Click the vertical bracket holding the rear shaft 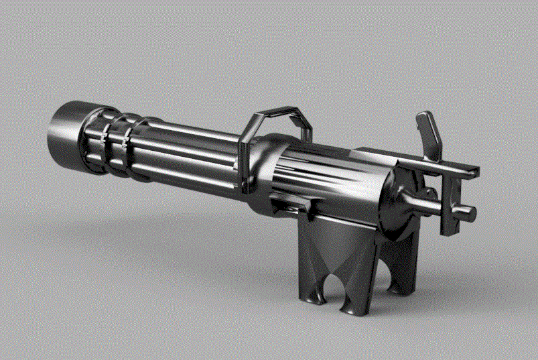(448, 201)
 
